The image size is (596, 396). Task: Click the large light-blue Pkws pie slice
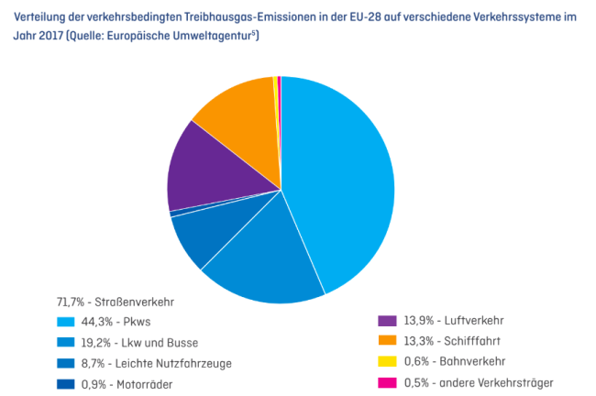344,183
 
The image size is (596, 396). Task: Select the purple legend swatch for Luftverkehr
386,321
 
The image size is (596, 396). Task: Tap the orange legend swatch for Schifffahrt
386,341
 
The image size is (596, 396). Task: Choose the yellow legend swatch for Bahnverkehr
386,361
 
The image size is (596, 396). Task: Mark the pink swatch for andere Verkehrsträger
386,382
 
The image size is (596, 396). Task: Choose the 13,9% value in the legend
419,321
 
